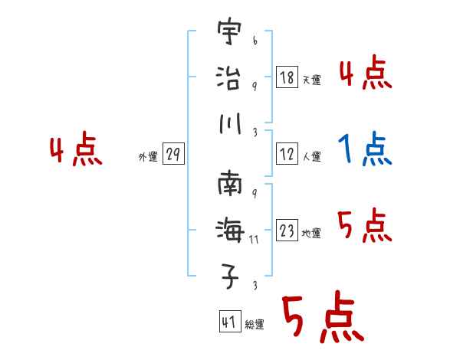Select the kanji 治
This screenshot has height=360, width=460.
pos(228,77)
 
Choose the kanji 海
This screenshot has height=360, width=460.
pos(229,230)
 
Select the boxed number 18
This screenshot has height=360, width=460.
pos(287,77)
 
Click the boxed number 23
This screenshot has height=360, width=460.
pos(287,231)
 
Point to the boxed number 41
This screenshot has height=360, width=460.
pos(228,322)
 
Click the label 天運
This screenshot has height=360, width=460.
pos(311,79)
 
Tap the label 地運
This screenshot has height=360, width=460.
pos(311,233)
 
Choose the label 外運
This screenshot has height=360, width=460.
pos(147,157)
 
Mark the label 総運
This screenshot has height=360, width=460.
pos(254,325)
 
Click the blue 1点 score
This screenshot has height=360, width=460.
pos(365,149)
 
